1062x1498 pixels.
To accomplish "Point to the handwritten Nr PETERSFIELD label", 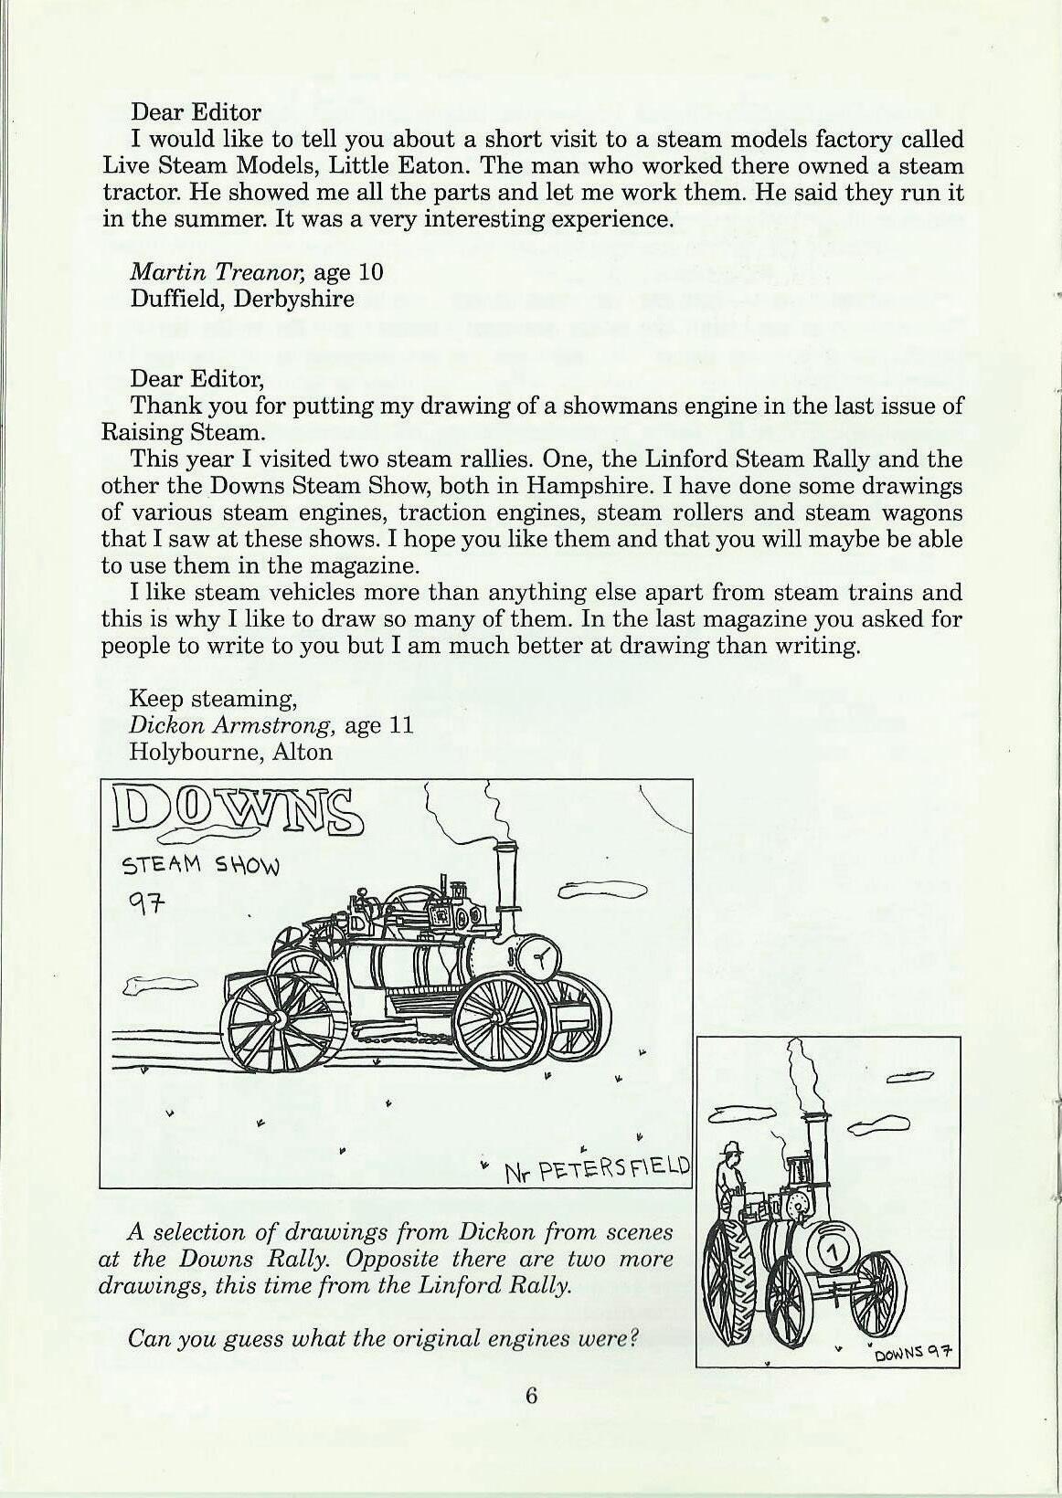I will pyautogui.click(x=599, y=1169).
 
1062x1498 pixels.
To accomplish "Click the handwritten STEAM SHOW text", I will pyautogui.click(x=201, y=865).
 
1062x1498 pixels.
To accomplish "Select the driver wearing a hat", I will pyautogui.click(x=730, y=1178).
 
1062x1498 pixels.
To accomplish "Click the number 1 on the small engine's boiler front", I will pyautogui.click(x=832, y=1248).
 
